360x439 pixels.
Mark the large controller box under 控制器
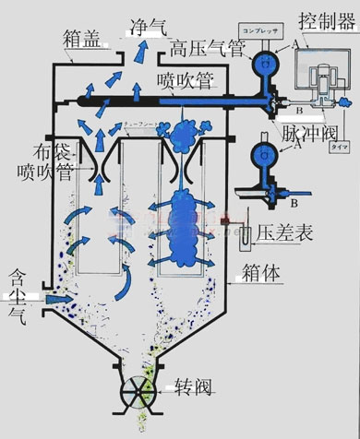coord(320,76)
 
